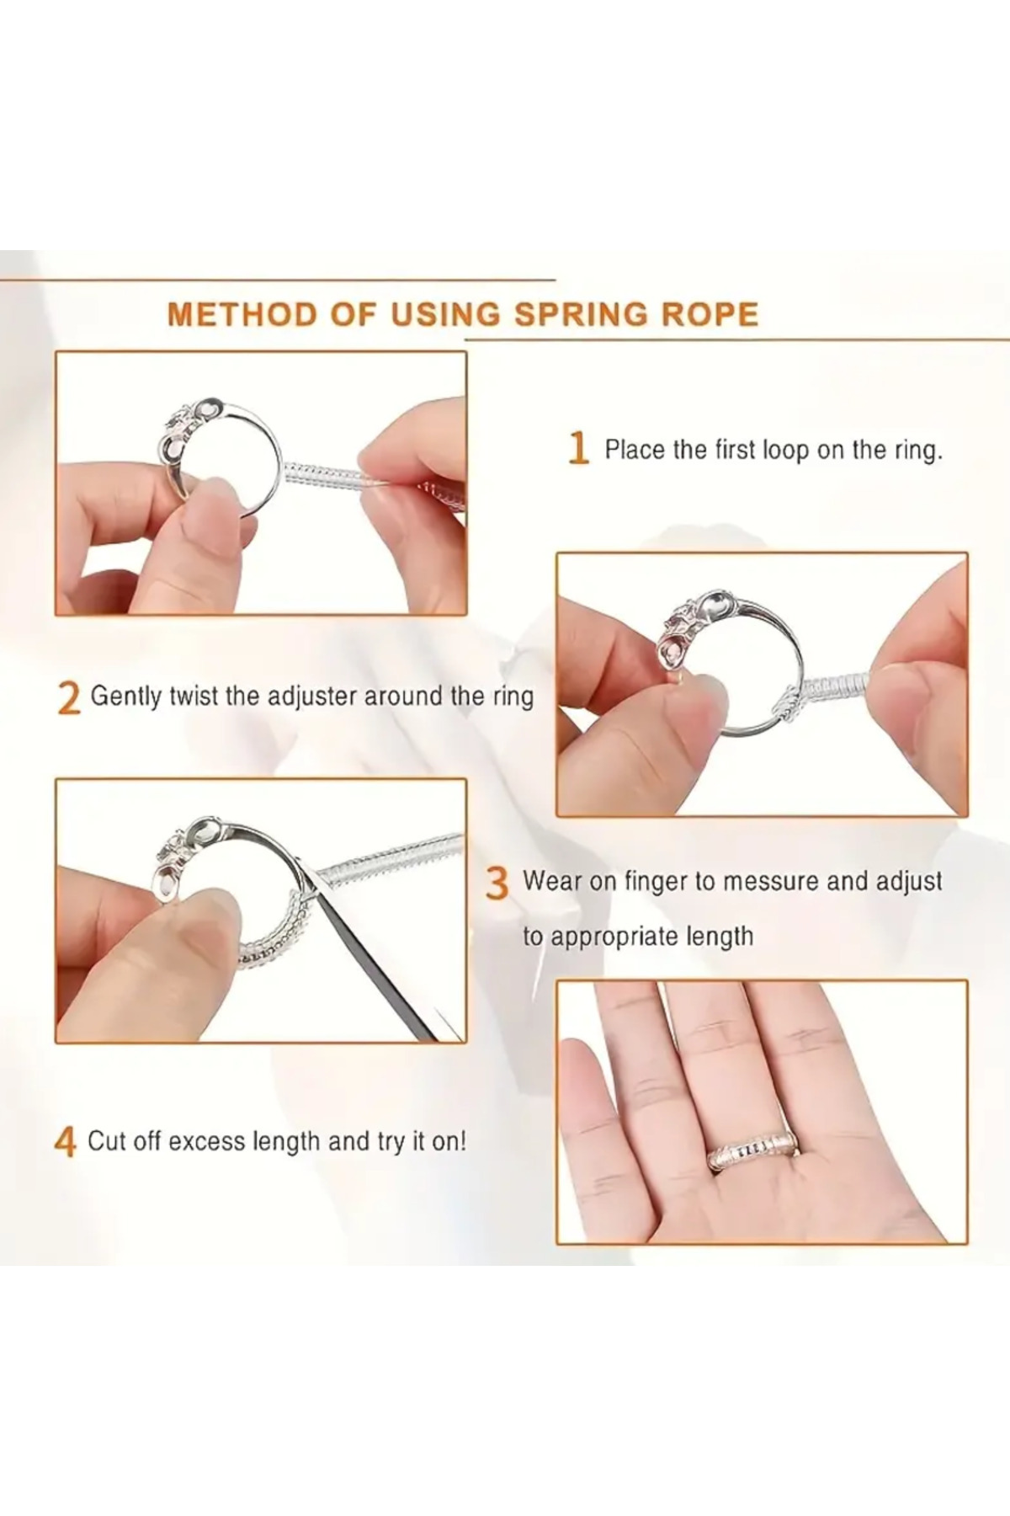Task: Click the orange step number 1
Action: [577, 448]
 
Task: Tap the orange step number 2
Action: [69, 698]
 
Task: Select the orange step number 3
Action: [498, 883]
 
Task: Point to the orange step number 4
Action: [66, 1143]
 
